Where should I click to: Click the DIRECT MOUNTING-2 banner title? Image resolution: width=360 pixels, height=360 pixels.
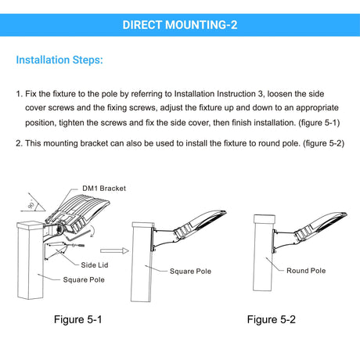[x=180, y=25]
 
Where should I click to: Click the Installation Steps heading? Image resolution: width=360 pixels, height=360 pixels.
[x=59, y=59]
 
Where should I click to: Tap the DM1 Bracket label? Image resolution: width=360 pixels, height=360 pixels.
[x=104, y=188]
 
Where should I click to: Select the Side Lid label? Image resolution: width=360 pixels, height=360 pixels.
[x=95, y=265]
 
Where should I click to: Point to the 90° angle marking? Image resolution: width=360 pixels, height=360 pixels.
[x=31, y=205]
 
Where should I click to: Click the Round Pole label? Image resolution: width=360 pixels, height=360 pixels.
[x=306, y=271]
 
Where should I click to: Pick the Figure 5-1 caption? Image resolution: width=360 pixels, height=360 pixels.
[x=77, y=319]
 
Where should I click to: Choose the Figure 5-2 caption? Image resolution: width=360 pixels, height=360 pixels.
[x=272, y=319]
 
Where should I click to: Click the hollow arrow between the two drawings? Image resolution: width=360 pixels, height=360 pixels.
[x=114, y=251]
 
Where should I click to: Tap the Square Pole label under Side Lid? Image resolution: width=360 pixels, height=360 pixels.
[x=84, y=279]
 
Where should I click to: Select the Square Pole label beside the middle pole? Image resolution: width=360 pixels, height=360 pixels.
[x=190, y=271]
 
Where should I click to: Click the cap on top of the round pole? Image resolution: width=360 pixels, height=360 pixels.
[x=265, y=219]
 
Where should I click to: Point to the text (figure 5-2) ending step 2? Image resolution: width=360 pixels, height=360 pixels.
[x=323, y=143]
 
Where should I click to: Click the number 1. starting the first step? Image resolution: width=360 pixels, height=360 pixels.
[x=20, y=94]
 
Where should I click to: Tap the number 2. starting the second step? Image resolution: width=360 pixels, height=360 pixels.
[x=20, y=143]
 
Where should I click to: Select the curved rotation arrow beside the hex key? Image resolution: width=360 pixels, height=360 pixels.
[x=92, y=231]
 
